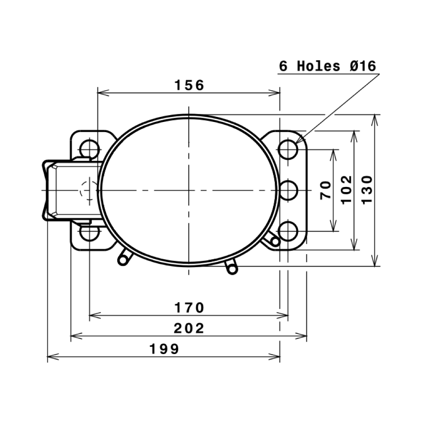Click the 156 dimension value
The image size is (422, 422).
coord(189,85)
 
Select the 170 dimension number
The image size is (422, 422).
coord(189,308)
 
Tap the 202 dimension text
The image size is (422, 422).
coord(189,328)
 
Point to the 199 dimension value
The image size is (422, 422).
coord(164,349)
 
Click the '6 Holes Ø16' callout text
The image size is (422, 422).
coord(327,66)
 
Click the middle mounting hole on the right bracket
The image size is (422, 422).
coord(288,191)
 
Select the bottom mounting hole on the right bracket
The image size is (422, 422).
coord(288,231)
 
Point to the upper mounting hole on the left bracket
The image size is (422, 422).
coord(89,149)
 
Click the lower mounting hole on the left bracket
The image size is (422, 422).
coord(89,233)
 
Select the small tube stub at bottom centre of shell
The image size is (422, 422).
coord(231,267)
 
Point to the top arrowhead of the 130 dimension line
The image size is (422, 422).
coord(374,118)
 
